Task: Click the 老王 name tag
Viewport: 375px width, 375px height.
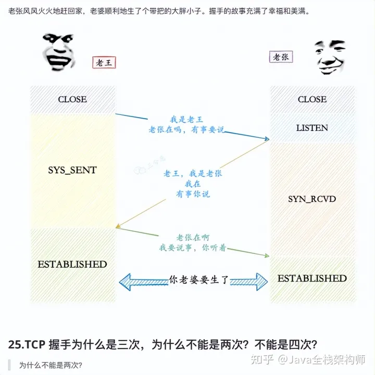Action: click(104, 63)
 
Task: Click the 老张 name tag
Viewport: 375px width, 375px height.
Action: click(281, 57)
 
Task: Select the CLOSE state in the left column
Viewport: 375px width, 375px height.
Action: click(72, 99)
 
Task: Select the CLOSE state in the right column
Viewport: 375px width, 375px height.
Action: click(312, 99)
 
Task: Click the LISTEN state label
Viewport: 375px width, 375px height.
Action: click(312, 127)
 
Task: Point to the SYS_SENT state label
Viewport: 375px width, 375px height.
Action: click(72, 170)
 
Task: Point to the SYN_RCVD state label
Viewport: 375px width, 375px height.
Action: click(312, 199)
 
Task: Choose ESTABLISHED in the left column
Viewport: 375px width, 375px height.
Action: click(72, 264)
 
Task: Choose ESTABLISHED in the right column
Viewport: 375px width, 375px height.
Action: click(312, 278)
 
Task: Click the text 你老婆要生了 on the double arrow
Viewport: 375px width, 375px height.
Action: click(199, 279)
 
